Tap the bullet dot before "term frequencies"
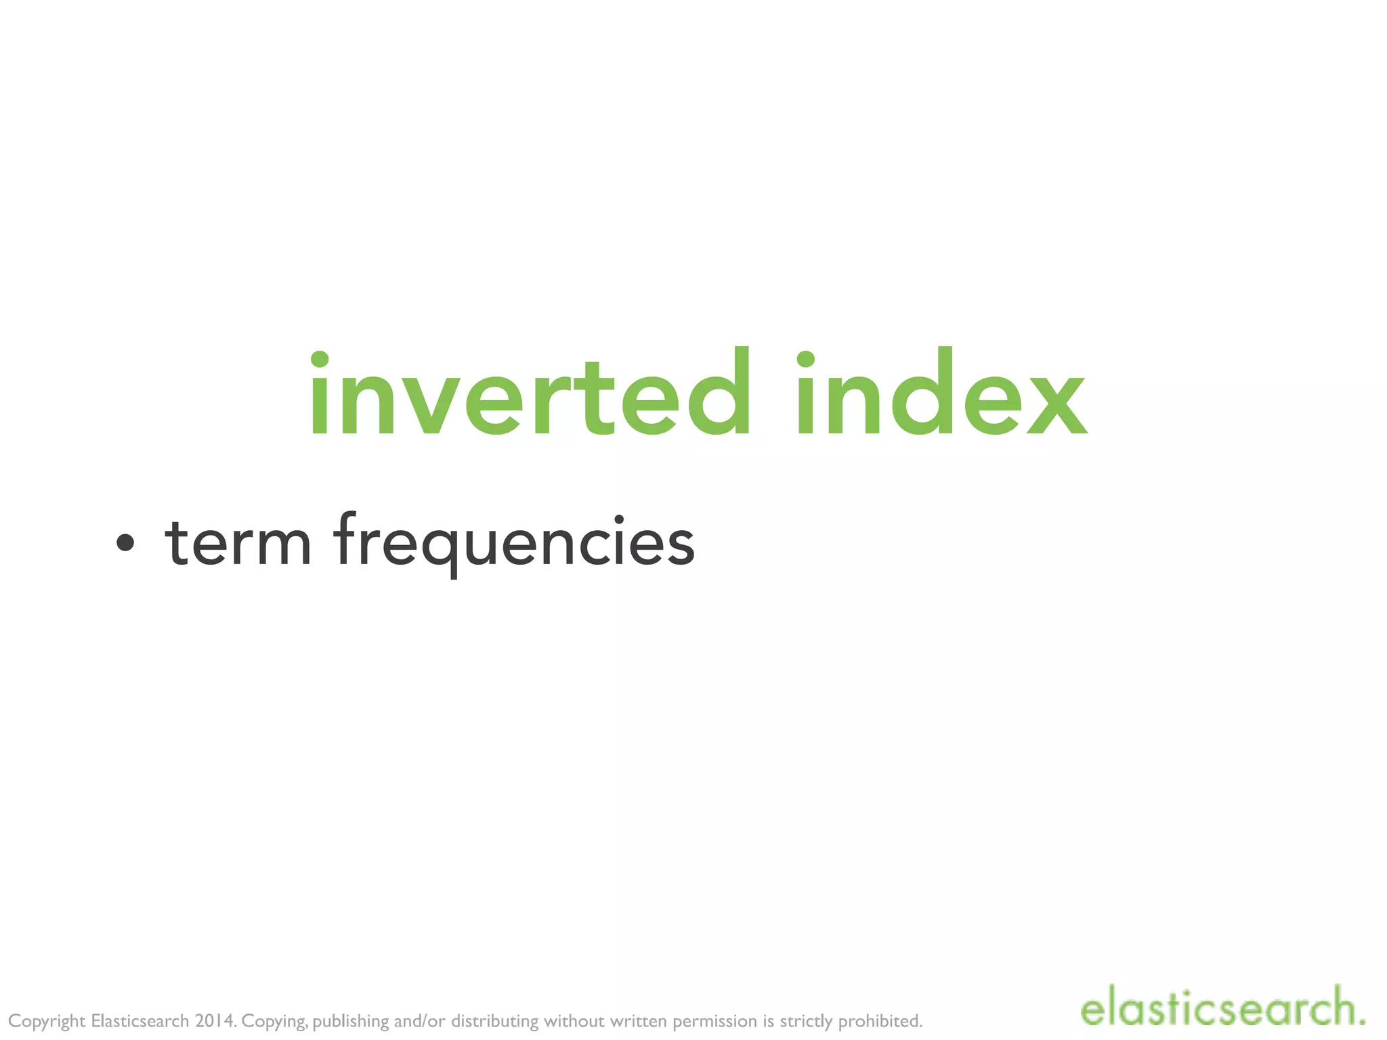pyautogui.click(x=125, y=542)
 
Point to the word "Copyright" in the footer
pyautogui.click(x=47, y=1021)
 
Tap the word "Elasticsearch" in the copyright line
pyautogui.click(x=140, y=1020)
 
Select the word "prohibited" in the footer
pyautogui.click(x=880, y=1020)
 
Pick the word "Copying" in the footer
pyautogui.click(x=274, y=1021)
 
